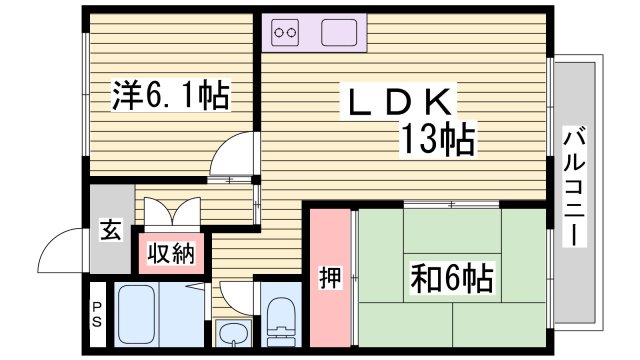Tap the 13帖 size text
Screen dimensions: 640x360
coord(438,140)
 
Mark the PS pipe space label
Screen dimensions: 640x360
coord(97,316)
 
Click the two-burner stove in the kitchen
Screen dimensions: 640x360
coord(286,33)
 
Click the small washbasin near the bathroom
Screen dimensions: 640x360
coord(233,335)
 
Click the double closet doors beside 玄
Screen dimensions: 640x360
coord(172,212)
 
